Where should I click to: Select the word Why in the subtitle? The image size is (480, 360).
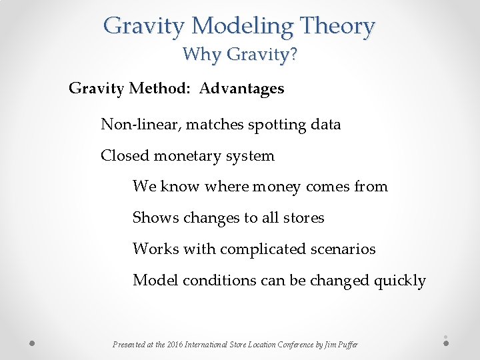(x=197, y=54)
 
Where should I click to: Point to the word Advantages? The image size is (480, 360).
(x=241, y=89)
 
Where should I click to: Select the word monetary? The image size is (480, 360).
(x=190, y=156)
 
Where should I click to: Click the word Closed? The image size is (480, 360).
(x=125, y=156)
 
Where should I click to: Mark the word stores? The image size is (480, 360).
(x=303, y=218)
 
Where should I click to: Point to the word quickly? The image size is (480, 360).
(x=399, y=281)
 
